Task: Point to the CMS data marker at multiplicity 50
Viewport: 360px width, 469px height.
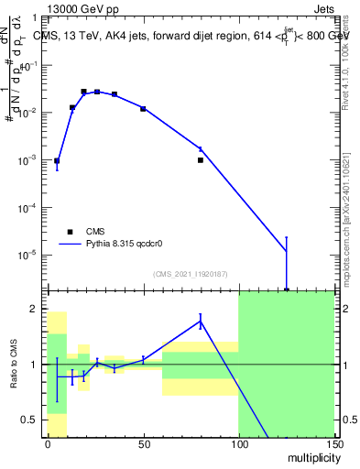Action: [x=143, y=109]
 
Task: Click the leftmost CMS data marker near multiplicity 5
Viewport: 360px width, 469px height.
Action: [x=57, y=161]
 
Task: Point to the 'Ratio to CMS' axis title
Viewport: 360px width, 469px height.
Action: [x=14, y=365]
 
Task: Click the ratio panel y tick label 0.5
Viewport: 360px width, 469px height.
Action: [x=28, y=420]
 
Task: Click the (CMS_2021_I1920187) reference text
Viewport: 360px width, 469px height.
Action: [x=189, y=273]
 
